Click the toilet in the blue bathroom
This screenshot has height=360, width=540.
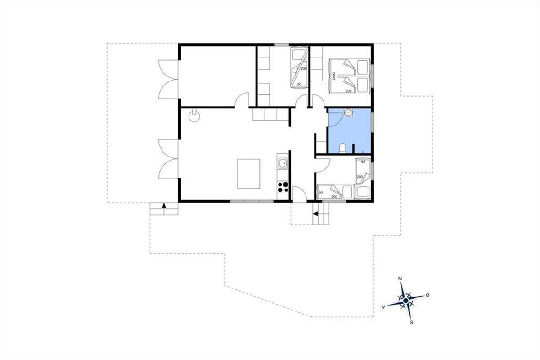342,148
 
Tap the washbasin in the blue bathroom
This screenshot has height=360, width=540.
348,112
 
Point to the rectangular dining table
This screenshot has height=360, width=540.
248,174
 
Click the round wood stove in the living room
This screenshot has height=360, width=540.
194,116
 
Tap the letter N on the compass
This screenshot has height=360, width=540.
400,279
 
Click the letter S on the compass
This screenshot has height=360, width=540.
412,322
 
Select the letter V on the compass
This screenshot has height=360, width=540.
383,307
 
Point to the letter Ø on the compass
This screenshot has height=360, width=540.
427,295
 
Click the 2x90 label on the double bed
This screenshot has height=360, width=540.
334,76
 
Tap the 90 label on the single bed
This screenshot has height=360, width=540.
321,193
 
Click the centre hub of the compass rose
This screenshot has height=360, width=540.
406,301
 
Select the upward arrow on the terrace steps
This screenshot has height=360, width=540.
164,206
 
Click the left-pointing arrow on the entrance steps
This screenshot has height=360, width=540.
315,214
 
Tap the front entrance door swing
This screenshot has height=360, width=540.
300,194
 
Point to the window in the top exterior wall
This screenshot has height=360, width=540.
282,45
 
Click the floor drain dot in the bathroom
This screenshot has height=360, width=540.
363,152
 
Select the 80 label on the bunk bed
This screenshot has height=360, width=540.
299,85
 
